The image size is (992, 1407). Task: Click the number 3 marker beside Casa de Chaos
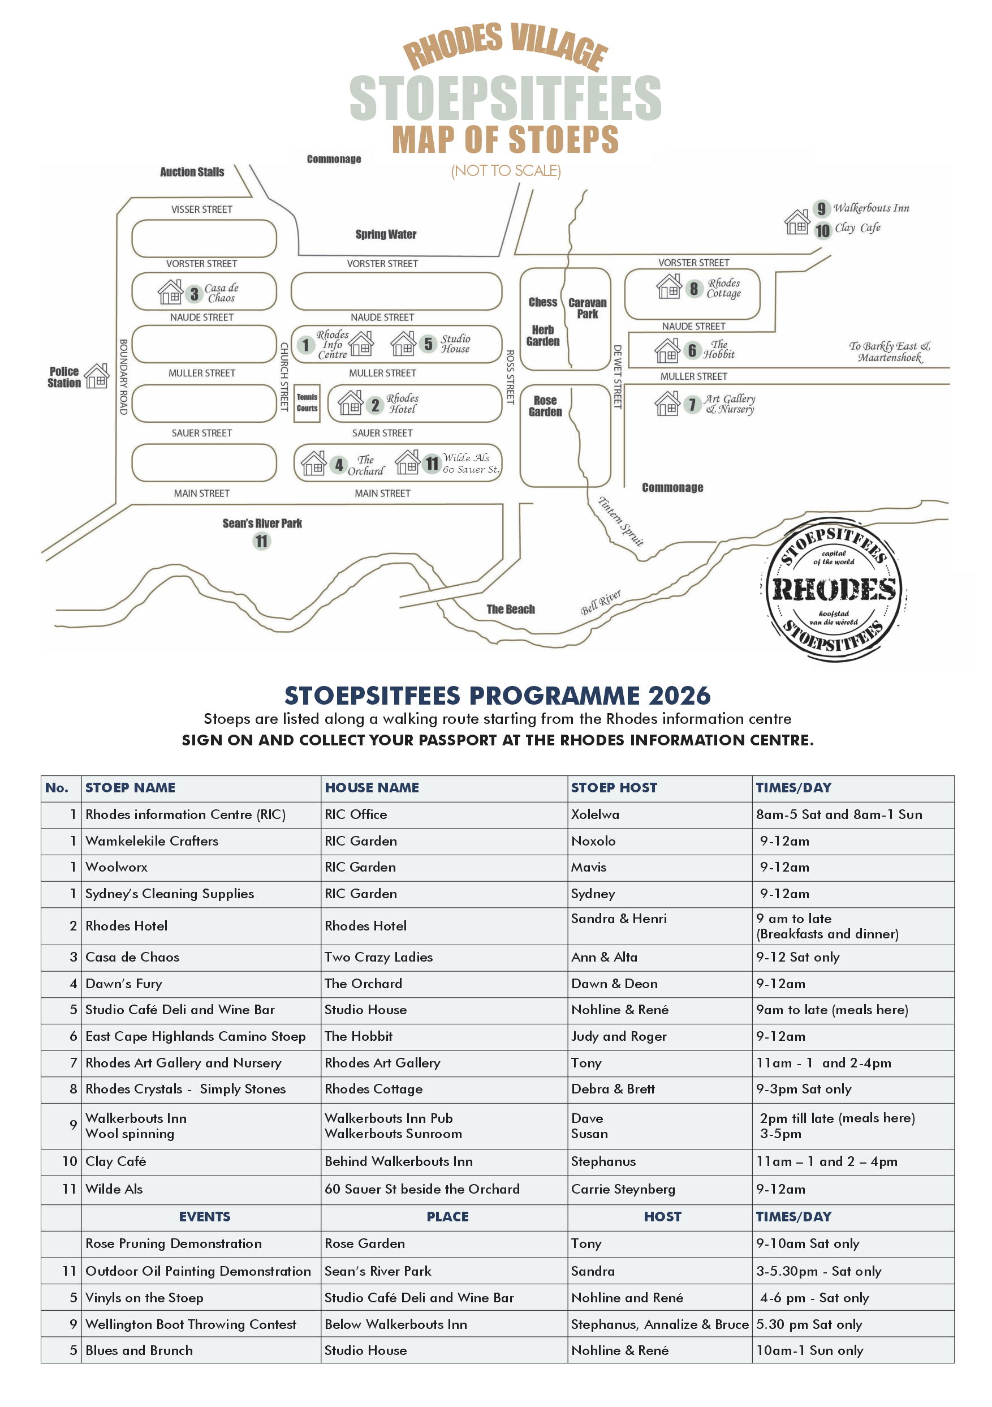tap(194, 294)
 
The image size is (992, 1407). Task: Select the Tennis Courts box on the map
tap(307, 402)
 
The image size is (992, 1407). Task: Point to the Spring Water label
tap(386, 234)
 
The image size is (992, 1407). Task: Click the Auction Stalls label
tap(192, 172)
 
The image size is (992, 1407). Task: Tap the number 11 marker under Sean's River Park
tap(261, 541)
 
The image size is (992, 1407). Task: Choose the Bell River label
tap(600, 602)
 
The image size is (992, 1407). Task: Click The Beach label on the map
tap(511, 609)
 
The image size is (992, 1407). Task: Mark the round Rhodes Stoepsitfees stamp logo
tap(834, 590)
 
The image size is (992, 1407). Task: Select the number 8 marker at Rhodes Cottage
tap(693, 289)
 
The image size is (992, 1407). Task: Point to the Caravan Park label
tap(587, 308)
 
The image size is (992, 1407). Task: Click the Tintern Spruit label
tap(620, 521)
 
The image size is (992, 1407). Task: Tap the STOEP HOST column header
tap(614, 787)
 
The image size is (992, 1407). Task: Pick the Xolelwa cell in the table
tap(594, 814)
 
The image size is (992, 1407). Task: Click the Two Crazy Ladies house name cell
tap(378, 957)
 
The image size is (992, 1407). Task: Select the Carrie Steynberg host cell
tap(623, 1189)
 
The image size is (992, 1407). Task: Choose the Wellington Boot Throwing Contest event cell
tap(191, 1324)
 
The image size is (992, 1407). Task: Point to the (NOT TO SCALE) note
tap(506, 171)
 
